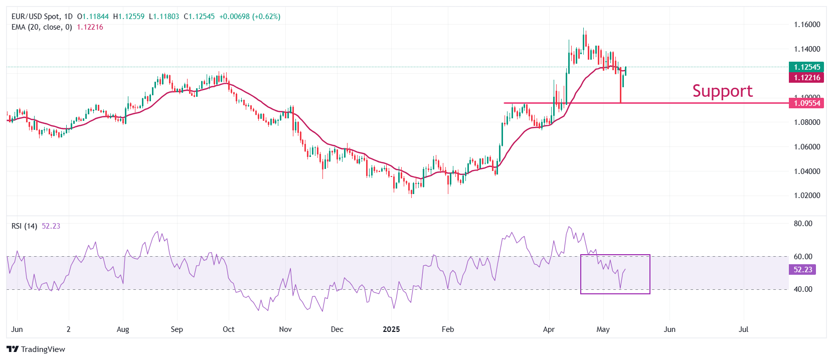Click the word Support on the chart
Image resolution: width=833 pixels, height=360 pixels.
(x=722, y=91)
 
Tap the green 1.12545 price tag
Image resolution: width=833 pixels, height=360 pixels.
(x=806, y=67)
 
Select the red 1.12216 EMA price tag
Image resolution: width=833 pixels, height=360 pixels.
(x=806, y=77)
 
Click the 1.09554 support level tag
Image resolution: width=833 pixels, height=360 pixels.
(x=806, y=103)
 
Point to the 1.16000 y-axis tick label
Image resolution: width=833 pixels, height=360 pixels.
(x=807, y=25)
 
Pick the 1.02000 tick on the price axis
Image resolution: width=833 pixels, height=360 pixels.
(x=807, y=196)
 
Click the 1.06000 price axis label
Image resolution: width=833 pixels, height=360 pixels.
(x=807, y=147)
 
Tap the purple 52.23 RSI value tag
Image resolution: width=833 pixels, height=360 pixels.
(x=802, y=270)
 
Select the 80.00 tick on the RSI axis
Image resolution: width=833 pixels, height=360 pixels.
(x=803, y=224)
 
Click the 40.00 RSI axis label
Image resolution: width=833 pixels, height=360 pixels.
(x=803, y=289)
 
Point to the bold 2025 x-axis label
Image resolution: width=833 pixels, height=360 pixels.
(x=391, y=329)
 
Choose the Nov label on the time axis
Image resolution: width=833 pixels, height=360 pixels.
(x=285, y=329)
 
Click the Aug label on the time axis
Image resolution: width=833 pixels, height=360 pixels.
(x=123, y=329)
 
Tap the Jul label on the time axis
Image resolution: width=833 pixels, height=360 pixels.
(x=744, y=329)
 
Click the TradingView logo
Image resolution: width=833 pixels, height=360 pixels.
(x=36, y=349)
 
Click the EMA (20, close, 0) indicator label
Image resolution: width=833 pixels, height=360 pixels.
(x=42, y=27)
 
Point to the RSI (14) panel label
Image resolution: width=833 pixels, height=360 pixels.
(x=24, y=226)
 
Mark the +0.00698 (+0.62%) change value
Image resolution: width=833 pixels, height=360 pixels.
(x=250, y=17)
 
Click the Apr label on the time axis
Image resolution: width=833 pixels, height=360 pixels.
(x=549, y=329)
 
